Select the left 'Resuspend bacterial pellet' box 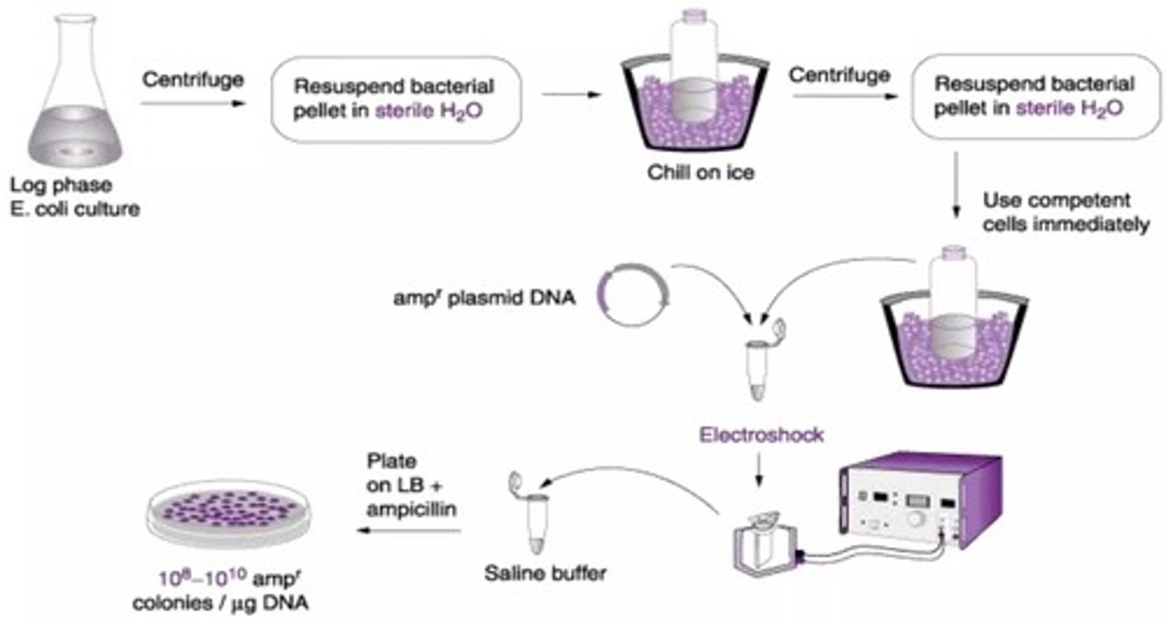pyautogui.click(x=394, y=98)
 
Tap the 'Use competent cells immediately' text pyautogui.click(x=1064, y=212)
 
